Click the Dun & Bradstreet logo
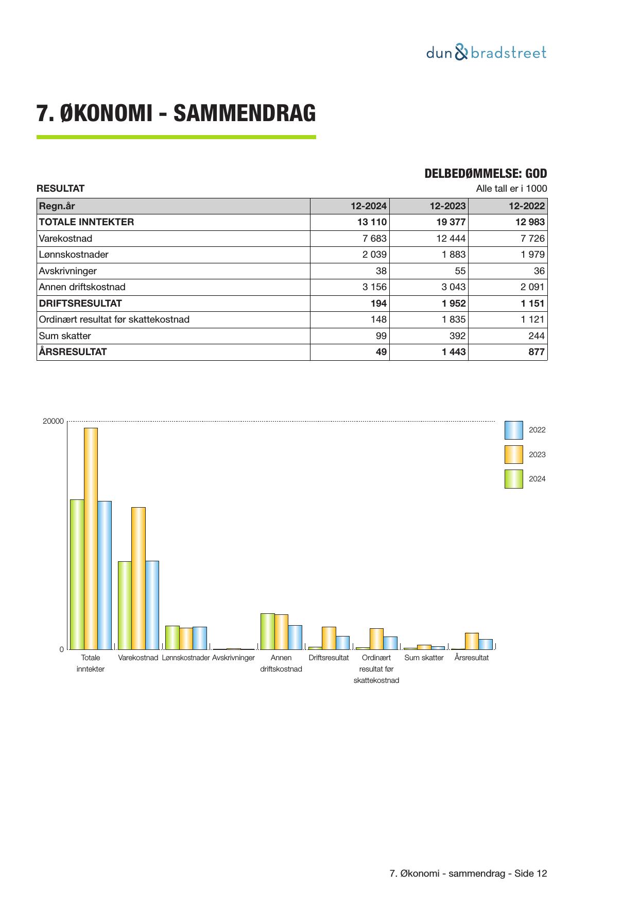pyautogui.click(x=486, y=53)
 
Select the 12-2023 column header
pyautogui.click(x=447, y=206)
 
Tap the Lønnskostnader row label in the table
pyautogui.click(x=74, y=255)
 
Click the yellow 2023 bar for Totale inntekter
pyautogui.click(x=91, y=538)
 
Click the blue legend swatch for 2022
pyautogui.click(x=513, y=430)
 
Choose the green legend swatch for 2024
pyautogui.click(x=513, y=479)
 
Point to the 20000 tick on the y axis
pyautogui.click(x=53, y=421)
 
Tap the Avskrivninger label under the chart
pyautogui.click(x=233, y=658)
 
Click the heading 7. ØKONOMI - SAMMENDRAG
pyautogui.click(x=176, y=113)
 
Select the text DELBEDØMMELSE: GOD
pyautogui.click(x=486, y=174)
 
